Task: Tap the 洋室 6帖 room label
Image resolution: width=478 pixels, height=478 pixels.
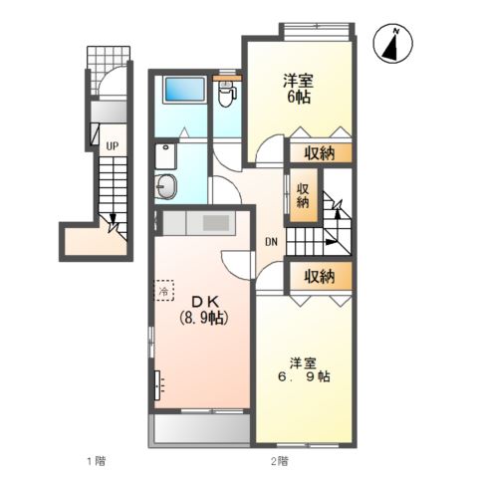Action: click(296, 90)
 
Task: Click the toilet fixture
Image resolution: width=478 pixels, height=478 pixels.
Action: click(226, 95)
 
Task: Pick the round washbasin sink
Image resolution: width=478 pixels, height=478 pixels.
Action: click(166, 185)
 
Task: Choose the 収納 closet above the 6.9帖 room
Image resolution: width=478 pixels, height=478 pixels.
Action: click(320, 275)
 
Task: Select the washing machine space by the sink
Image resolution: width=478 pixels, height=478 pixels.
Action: click(166, 154)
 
